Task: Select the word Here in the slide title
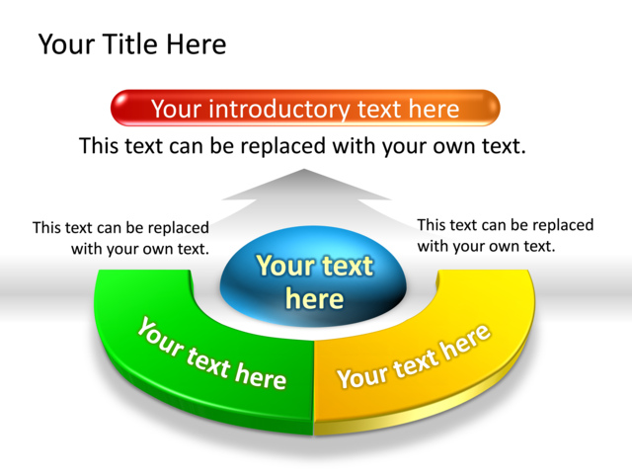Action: coord(197,43)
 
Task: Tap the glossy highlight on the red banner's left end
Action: coord(122,102)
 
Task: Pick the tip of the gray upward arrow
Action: coord(304,169)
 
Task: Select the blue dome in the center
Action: coord(313,276)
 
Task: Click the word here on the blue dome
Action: coord(314,298)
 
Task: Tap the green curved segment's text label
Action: coord(211,355)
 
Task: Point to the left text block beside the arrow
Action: coord(120,238)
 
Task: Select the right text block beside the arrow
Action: coord(506,235)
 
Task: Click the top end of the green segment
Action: coord(143,271)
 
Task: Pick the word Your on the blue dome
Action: coord(280,266)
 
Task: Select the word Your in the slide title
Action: coord(66,43)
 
